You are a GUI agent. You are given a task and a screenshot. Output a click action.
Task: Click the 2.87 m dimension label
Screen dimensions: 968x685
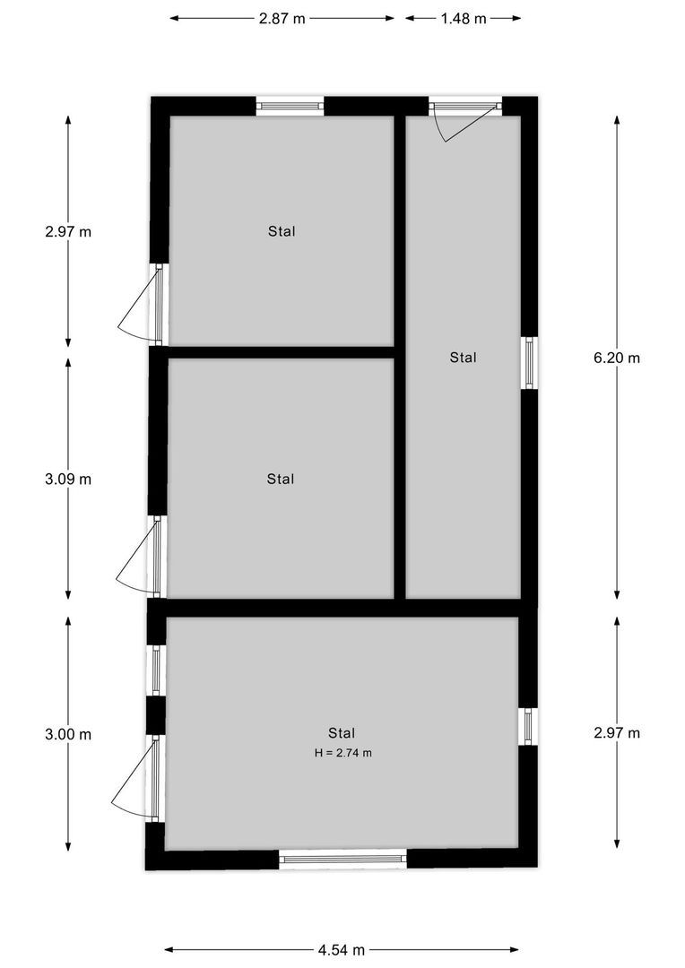pyautogui.click(x=282, y=19)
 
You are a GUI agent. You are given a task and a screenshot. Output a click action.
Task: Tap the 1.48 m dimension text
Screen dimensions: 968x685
pyautogui.click(x=464, y=19)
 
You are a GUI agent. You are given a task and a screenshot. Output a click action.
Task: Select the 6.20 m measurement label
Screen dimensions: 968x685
pyautogui.click(x=617, y=358)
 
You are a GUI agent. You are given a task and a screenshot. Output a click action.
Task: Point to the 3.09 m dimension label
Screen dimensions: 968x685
pyautogui.click(x=68, y=479)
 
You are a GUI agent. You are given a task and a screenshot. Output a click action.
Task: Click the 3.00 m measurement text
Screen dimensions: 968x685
pyautogui.click(x=68, y=734)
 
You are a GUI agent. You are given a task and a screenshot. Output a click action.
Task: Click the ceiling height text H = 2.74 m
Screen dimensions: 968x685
pyautogui.click(x=342, y=753)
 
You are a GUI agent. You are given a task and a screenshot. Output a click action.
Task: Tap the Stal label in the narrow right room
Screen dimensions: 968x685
pyautogui.click(x=463, y=358)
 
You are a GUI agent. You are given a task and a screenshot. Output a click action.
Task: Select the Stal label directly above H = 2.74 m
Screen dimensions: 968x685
pyautogui.click(x=342, y=732)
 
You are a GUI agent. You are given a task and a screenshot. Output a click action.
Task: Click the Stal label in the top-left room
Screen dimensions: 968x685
pyautogui.click(x=282, y=231)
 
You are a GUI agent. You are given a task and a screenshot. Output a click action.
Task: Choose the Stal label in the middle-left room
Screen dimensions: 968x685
pyautogui.click(x=281, y=479)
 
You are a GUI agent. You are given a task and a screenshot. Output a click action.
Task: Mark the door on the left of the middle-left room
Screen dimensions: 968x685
pyautogui.click(x=140, y=557)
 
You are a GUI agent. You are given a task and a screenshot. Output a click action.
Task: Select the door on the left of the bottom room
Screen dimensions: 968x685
pyautogui.click(x=137, y=778)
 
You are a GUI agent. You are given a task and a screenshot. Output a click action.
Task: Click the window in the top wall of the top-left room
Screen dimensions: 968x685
pyautogui.click(x=290, y=107)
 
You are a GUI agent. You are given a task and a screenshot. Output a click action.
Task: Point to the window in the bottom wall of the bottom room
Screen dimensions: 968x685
pyautogui.click(x=342, y=859)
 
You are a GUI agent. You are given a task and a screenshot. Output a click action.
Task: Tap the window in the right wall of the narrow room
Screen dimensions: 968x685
pyautogui.click(x=529, y=363)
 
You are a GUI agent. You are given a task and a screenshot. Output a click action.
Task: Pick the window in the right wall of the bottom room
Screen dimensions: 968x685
pyautogui.click(x=528, y=726)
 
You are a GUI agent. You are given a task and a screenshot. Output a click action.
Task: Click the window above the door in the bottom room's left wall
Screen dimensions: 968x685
pyautogui.click(x=156, y=670)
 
